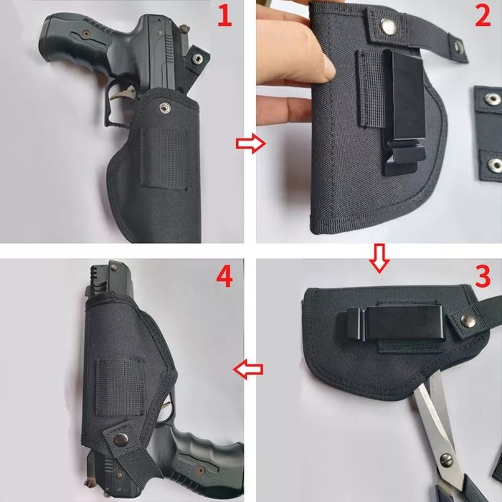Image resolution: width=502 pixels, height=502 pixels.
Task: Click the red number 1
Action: click(x=225, y=16)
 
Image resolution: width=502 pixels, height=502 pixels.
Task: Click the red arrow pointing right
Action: click(x=250, y=144)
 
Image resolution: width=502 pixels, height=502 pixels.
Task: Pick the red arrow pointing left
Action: click(x=249, y=369)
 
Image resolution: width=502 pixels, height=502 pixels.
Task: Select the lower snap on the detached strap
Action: click(x=494, y=164)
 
